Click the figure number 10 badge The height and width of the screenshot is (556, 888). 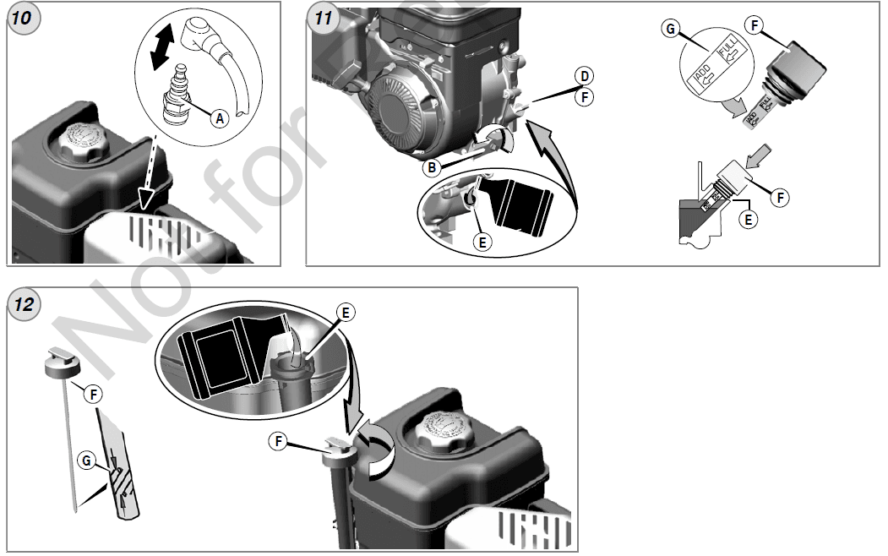(x=23, y=18)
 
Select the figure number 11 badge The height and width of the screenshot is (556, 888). (x=322, y=18)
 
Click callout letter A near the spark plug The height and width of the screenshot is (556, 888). (x=219, y=119)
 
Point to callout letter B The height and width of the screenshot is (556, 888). (x=432, y=166)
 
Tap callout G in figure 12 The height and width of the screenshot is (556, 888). (x=85, y=461)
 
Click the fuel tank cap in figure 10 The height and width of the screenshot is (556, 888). (x=85, y=140)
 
